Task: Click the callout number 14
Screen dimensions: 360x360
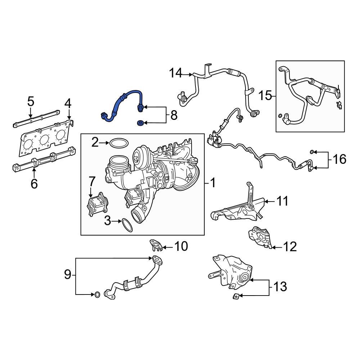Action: tap(176, 74)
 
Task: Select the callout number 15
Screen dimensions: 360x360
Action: tap(265, 96)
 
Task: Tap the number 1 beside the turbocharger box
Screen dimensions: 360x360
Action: tap(213, 183)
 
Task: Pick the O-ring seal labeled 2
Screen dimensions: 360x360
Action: tap(119, 143)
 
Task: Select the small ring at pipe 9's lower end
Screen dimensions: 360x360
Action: tap(97, 295)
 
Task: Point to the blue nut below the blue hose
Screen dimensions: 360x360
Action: tap(140, 123)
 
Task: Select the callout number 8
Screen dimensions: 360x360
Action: tap(174, 115)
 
